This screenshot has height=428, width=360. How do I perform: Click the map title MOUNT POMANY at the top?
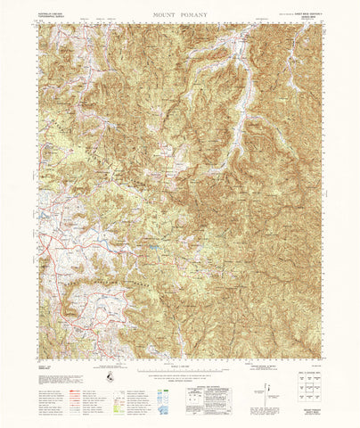tap(180, 16)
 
